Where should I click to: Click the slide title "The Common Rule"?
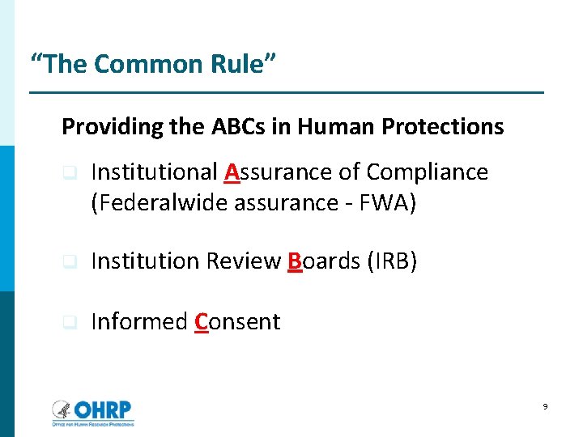tap(152, 64)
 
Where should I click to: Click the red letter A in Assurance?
tap(232, 172)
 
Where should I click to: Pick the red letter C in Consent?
tap(203, 322)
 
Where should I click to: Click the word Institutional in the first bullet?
tap(155, 172)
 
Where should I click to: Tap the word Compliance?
tap(427, 172)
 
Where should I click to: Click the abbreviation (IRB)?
tap(392, 261)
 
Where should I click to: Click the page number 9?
tap(546, 407)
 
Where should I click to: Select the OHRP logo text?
tap(102, 409)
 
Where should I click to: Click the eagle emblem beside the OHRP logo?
tap(62, 409)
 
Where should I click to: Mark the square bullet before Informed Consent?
tap(70, 323)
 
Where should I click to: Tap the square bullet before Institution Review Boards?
tap(70, 262)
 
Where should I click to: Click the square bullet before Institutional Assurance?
tap(70, 173)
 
